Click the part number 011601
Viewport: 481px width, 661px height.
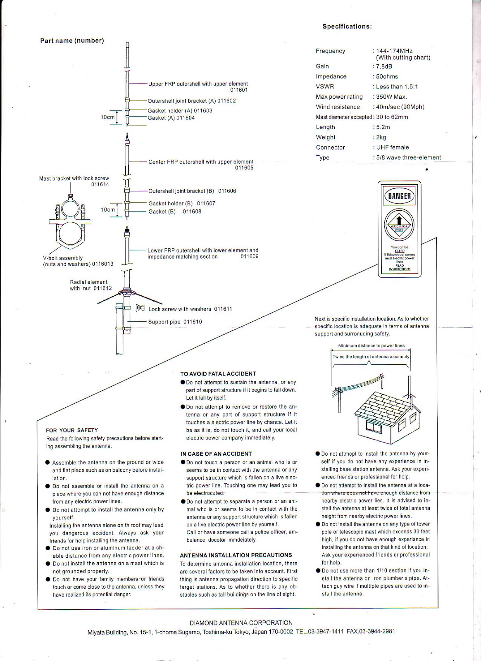click(x=239, y=90)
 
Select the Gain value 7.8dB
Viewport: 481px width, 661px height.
click(x=384, y=67)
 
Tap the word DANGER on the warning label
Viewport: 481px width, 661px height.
click(x=399, y=196)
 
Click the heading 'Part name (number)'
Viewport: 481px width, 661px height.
click(x=72, y=40)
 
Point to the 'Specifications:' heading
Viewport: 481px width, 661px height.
click(x=347, y=26)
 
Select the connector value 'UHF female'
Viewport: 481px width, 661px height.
click(x=392, y=147)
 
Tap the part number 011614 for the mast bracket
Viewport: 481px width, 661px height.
click(x=100, y=184)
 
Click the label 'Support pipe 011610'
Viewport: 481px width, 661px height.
click(x=175, y=322)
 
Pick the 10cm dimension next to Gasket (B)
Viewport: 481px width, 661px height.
click(x=107, y=209)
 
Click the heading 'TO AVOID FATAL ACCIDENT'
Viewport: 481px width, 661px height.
click(x=218, y=373)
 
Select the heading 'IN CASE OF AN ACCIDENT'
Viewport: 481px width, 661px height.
click(x=216, y=454)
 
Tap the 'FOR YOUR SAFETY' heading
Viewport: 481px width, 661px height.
click(x=72, y=430)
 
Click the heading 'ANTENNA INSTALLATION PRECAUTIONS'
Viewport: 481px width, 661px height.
click(x=236, y=555)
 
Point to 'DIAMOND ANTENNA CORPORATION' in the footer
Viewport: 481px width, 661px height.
click(x=241, y=623)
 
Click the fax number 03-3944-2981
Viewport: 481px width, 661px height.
click(x=377, y=632)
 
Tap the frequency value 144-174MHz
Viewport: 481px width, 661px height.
click(x=394, y=51)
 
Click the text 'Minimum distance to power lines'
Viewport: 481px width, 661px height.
click(x=371, y=346)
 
